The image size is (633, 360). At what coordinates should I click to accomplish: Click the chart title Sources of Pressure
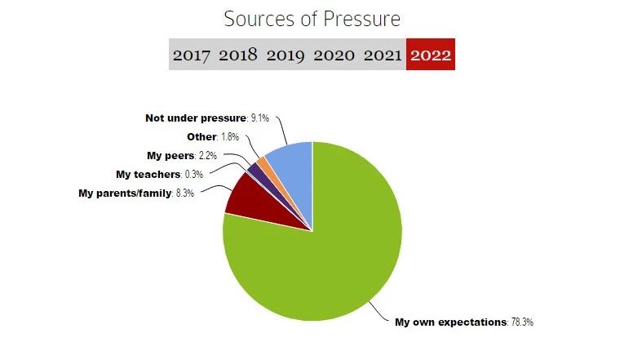312,18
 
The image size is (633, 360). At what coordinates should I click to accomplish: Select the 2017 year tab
191,56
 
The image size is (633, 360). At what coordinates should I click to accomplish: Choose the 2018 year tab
238,56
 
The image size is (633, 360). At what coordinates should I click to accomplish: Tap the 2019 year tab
286,56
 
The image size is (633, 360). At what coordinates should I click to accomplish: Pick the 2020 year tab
334,56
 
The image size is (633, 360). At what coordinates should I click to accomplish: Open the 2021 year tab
382,56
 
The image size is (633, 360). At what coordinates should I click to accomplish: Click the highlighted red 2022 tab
431,56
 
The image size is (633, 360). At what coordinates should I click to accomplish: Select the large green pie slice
326,253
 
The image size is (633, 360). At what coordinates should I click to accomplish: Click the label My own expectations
450,322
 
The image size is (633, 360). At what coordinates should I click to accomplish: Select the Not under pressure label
197,118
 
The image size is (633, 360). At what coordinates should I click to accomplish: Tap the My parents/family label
125,193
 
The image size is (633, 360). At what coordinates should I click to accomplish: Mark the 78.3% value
522,322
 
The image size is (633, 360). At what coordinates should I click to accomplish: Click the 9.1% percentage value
262,118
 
